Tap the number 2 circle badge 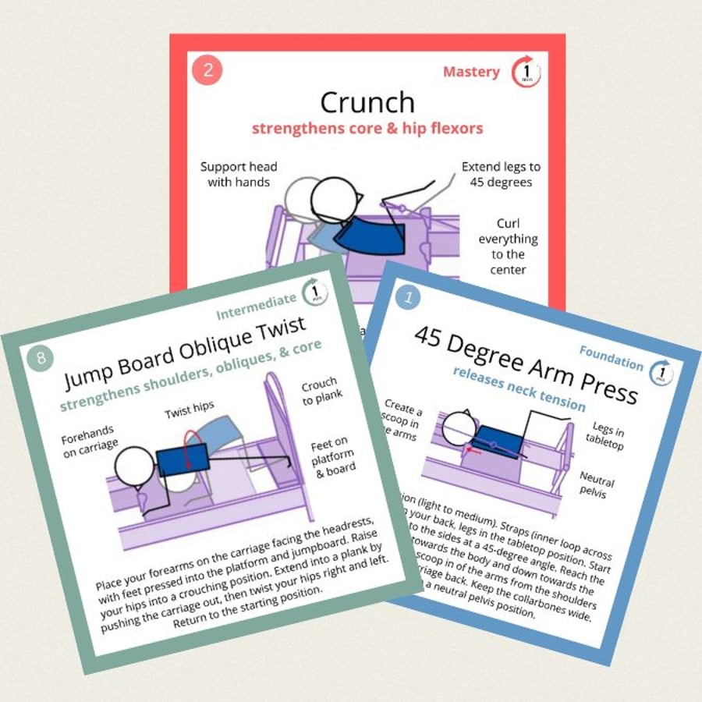pos(207,69)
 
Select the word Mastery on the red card pos(471,72)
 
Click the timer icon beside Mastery pos(526,72)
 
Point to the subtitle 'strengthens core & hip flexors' pos(367,128)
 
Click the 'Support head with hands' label pos(238,174)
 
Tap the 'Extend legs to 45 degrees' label pos(501,174)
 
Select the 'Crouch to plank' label pos(320,392)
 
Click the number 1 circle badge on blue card pos(408,296)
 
